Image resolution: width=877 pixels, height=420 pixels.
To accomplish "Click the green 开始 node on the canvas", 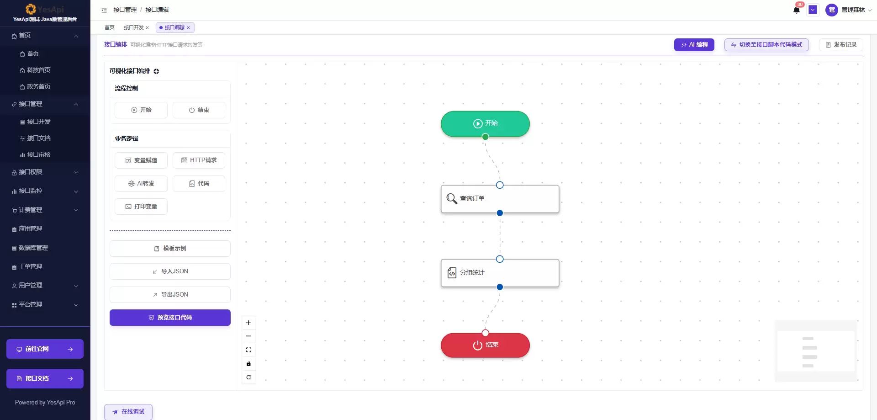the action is pos(485,123).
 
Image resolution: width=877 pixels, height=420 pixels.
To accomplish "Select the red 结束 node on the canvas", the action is pos(485,345).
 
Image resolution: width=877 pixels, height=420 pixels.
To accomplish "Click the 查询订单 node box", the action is pos(500,199).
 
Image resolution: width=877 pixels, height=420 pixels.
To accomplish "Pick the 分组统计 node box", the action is pos(500,273).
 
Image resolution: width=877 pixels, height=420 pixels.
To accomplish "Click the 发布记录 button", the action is pos(841,45).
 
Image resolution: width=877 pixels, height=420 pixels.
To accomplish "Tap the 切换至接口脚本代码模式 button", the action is pos(766,45).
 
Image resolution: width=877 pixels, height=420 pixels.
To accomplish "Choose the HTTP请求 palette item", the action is pos(199,160).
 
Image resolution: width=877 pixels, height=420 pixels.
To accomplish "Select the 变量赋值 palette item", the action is pos(141,160).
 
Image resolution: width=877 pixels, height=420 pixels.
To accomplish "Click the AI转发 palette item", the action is pos(141,184).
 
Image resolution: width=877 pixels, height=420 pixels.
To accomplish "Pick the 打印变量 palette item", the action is pos(141,207).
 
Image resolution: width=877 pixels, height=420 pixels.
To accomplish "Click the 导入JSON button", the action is pos(170,271).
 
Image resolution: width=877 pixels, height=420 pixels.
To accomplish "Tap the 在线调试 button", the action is pos(128,412).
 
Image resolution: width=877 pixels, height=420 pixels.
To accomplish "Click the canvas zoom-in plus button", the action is pos(248,323).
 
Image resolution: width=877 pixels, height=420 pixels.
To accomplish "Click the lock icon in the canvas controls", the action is pos(248,364).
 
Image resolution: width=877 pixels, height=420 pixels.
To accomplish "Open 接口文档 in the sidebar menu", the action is pos(39,138).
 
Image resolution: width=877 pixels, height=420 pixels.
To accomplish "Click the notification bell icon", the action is pos(797,10).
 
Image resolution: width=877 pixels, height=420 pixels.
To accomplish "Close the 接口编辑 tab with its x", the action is pos(188,28).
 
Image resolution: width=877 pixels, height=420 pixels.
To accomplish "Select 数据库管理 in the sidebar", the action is pos(33,248).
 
